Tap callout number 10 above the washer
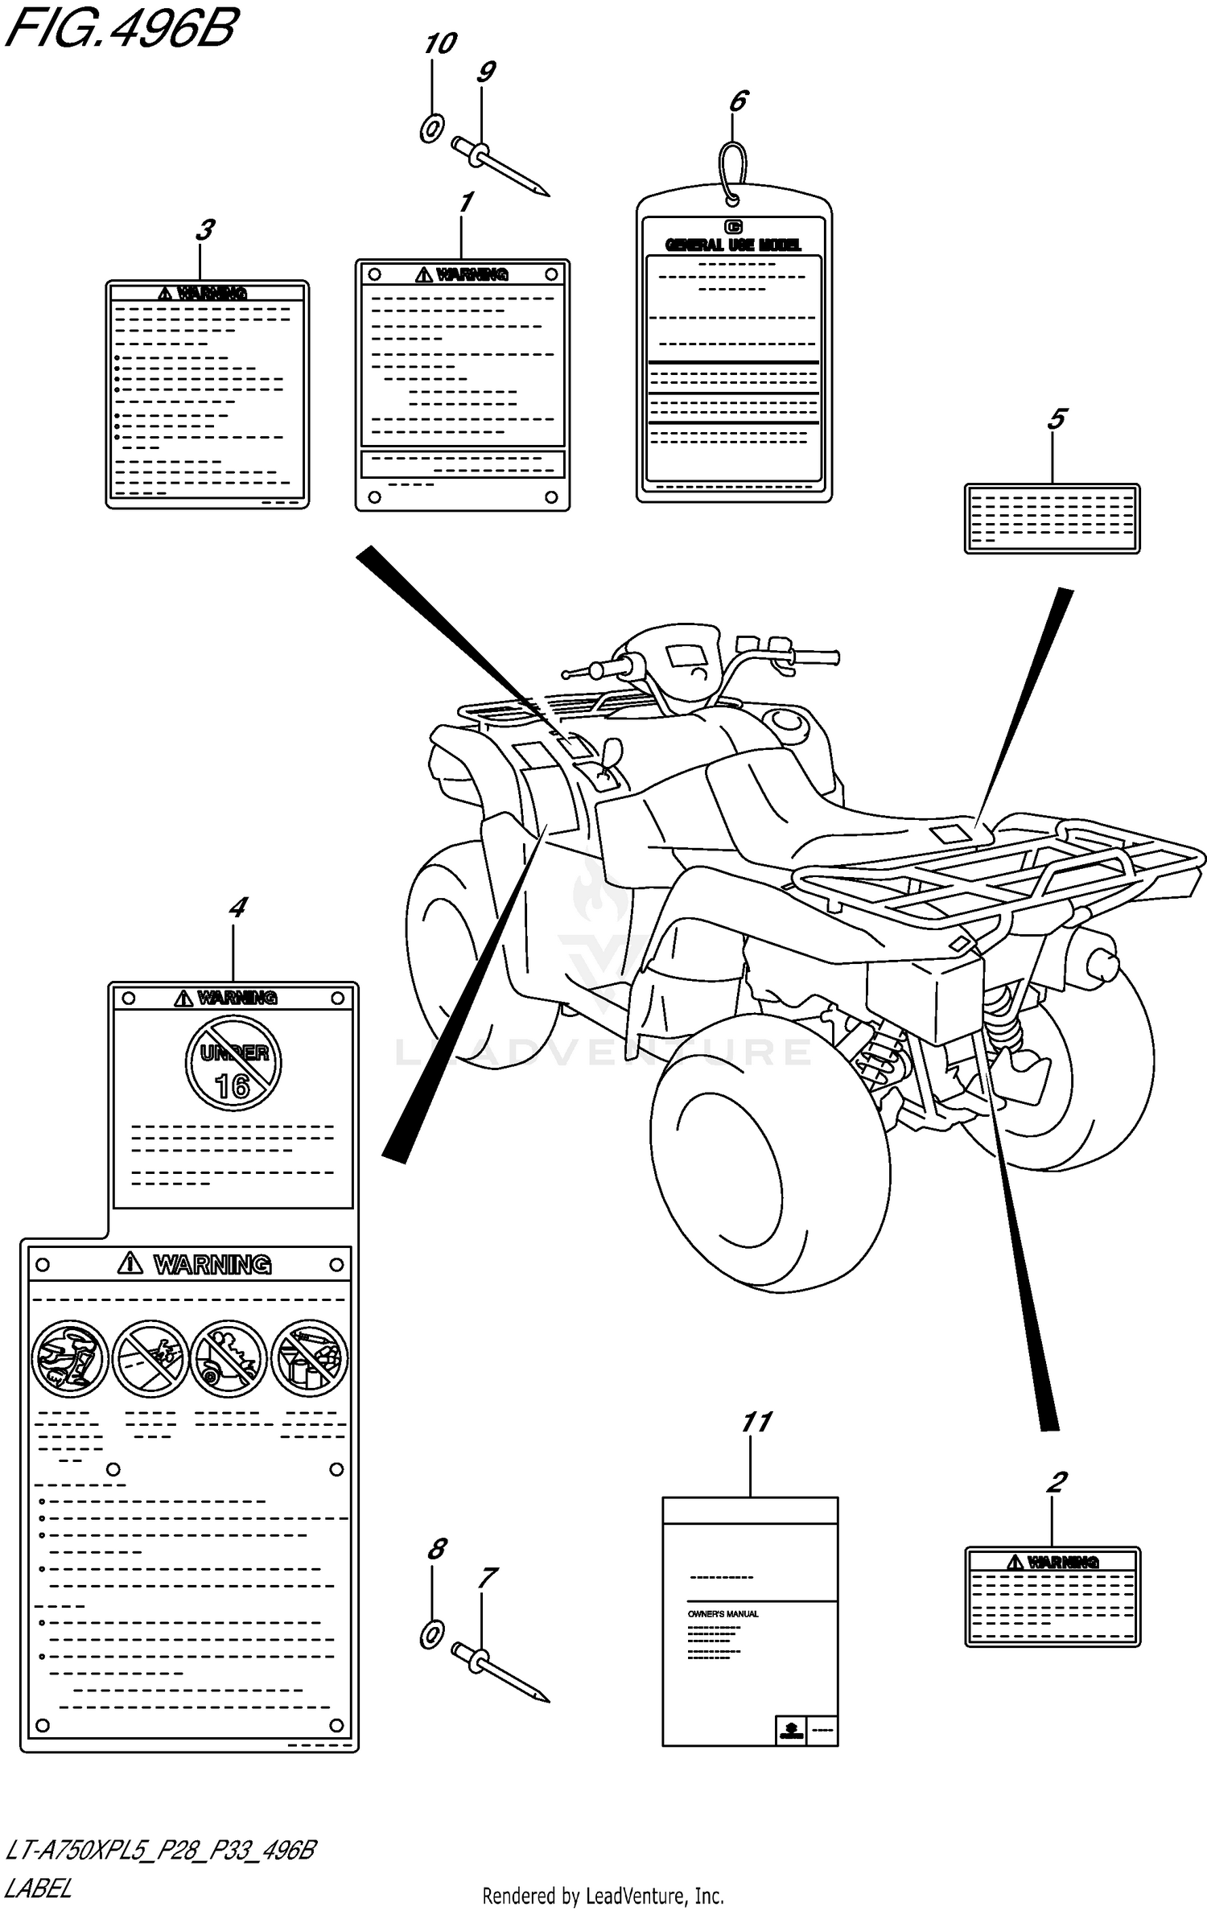[x=440, y=43]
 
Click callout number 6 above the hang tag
[x=738, y=101]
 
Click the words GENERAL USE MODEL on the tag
[x=733, y=245]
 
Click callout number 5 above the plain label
[x=1057, y=419]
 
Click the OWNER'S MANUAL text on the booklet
[x=723, y=1614]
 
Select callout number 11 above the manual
[x=756, y=1423]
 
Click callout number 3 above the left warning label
[x=204, y=231]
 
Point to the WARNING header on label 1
[x=472, y=275]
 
